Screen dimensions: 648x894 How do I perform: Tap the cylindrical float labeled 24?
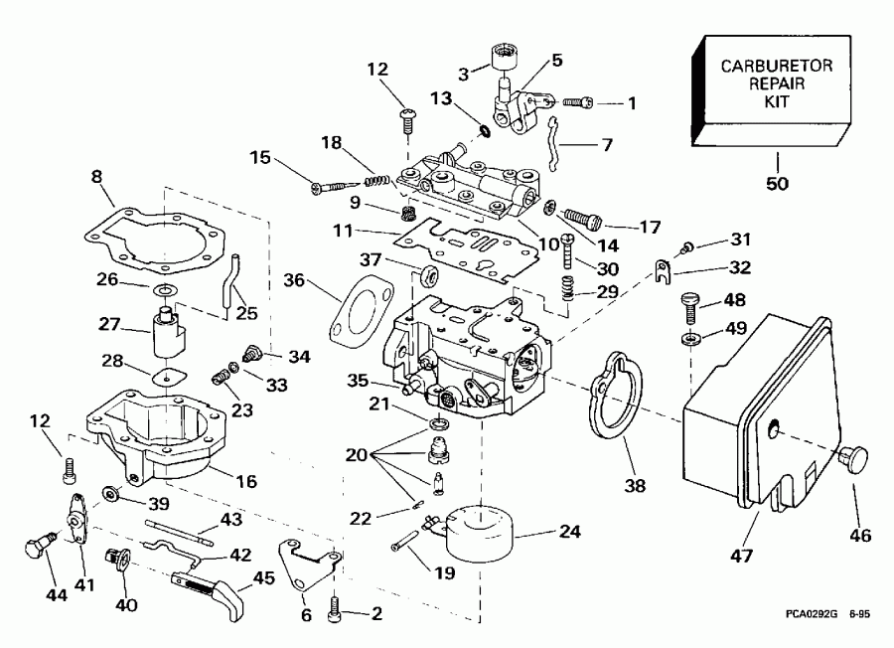[x=479, y=535]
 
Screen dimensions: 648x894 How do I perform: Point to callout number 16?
[x=245, y=482]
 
